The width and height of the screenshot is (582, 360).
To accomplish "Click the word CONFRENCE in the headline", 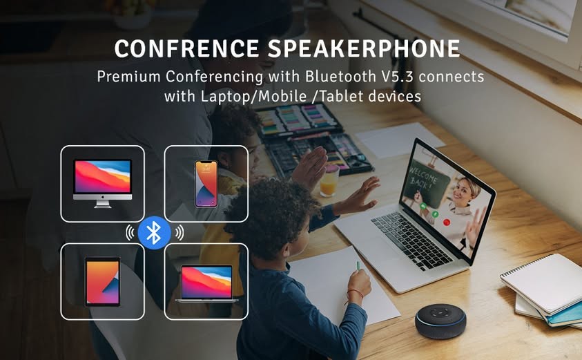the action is pyautogui.click(x=186, y=48).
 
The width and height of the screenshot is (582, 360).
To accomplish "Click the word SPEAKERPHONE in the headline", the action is pyautogui.click(x=364, y=48).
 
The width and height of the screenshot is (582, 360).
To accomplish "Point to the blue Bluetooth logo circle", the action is pyautogui.click(x=154, y=233).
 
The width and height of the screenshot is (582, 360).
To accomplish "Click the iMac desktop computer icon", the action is pyautogui.click(x=102, y=183).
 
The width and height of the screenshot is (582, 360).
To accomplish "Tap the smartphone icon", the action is pyautogui.click(x=206, y=184).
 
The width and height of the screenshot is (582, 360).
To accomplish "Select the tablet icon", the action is pyautogui.click(x=102, y=281).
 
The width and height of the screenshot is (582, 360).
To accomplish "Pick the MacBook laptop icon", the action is pyautogui.click(x=206, y=283).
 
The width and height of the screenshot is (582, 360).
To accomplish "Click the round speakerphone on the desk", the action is pyautogui.click(x=440, y=321).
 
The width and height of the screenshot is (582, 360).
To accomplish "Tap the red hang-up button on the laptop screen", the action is pyautogui.click(x=447, y=222).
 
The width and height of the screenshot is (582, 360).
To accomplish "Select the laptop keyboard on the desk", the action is pyautogui.click(x=411, y=241).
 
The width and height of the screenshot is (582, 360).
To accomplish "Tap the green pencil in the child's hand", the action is pyautogui.click(x=358, y=265).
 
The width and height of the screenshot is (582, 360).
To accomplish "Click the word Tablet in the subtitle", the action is pyautogui.click(x=342, y=97).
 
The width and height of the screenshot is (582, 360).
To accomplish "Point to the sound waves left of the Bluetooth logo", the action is pyautogui.click(x=130, y=233).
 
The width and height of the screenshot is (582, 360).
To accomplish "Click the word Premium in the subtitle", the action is pyautogui.click(x=129, y=77).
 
